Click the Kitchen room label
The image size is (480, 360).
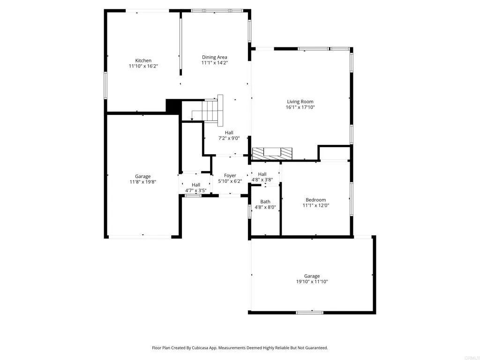click(x=143, y=60)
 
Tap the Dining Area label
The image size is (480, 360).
click(x=215, y=57)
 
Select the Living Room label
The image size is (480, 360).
click(x=300, y=101)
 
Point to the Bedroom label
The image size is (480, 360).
click(x=315, y=199)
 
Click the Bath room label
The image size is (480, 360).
click(x=265, y=202)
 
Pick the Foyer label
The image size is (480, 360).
click(x=230, y=175)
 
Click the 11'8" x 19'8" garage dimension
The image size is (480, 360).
click(x=143, y=182)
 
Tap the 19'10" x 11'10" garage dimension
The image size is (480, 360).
click(x=312, y=282)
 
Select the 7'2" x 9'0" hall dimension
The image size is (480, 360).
click(x=229, y=138)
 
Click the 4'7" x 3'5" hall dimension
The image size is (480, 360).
click(x=196, y=190)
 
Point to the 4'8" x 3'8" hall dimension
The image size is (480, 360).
click(x=262, y=180)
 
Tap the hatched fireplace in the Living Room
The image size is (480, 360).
click(x=272, y=153)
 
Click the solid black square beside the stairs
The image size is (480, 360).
click(x=173, y=105)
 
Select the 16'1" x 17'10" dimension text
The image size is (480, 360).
click(x=300, y=107)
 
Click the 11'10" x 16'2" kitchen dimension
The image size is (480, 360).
click(x=143, y=67)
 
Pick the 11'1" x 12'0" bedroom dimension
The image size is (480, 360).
click(x=315, y=205)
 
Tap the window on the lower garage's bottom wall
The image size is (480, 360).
click(x=310, y=312)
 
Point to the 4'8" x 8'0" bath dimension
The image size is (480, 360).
click(x=265, y=207)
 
